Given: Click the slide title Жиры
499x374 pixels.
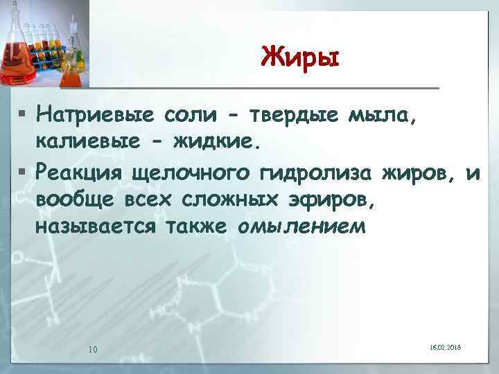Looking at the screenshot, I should [301, 56].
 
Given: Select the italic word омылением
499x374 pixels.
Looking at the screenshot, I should [300, 226].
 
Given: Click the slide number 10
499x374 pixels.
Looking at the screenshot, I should [92, 348].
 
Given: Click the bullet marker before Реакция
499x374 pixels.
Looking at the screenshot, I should [24, 170].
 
